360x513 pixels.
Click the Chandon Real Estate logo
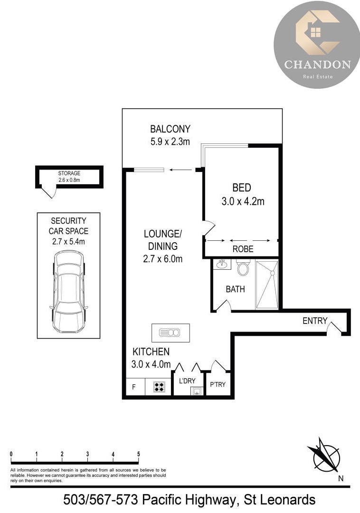pyautogui.click(x=317, y=45)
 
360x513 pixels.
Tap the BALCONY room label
pyautogui.click(x=170, y=129)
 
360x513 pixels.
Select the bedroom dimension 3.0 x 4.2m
pyautogui.click(x=243, y=201)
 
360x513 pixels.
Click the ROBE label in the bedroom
pyautogui.click(x=243, y=249)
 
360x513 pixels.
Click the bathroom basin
pyautogui.click(x=222, y=264)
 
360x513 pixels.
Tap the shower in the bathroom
pyautogui.click(x=267, y=285)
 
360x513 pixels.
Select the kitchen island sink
pyautogui.click(x=170, y=332)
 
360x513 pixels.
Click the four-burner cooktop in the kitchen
pyautogui.click(x=159, y=387)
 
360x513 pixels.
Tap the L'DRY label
pyautogui.click(x=187, y=381)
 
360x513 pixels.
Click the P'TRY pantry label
pyautogui.click(x=218, y=384)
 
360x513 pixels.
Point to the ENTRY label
pyautogui.click(x=315, y=321)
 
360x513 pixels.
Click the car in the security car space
pyautogui.click(x=69, y=292)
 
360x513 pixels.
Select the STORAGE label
pyautogui.click(x=69, y=173)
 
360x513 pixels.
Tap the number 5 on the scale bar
pyautogui.click(x=139, y=454)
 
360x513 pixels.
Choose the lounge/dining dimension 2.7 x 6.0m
pyautogui.click(x=162, y=259)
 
